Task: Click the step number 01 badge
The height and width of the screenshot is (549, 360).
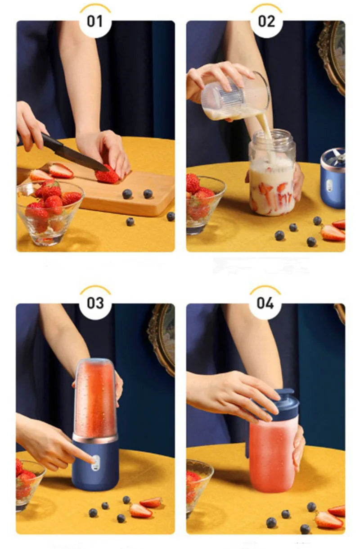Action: [x=95, y=22]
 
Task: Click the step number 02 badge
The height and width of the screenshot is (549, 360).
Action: [x=266, y=22]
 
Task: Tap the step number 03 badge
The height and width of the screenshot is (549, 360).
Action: [x=95, y=304]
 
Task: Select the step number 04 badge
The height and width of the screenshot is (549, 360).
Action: [x=265, y=304]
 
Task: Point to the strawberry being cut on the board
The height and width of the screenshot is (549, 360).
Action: [x=107, y=175]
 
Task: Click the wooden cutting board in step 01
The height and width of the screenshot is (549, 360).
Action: [x=117, y=191]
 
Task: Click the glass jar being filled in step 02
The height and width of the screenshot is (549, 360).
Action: [x=272, y=173]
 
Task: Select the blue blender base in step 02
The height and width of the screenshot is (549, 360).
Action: [x=333, y=179]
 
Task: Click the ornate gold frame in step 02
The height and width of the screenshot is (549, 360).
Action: [x=332, y=56]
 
